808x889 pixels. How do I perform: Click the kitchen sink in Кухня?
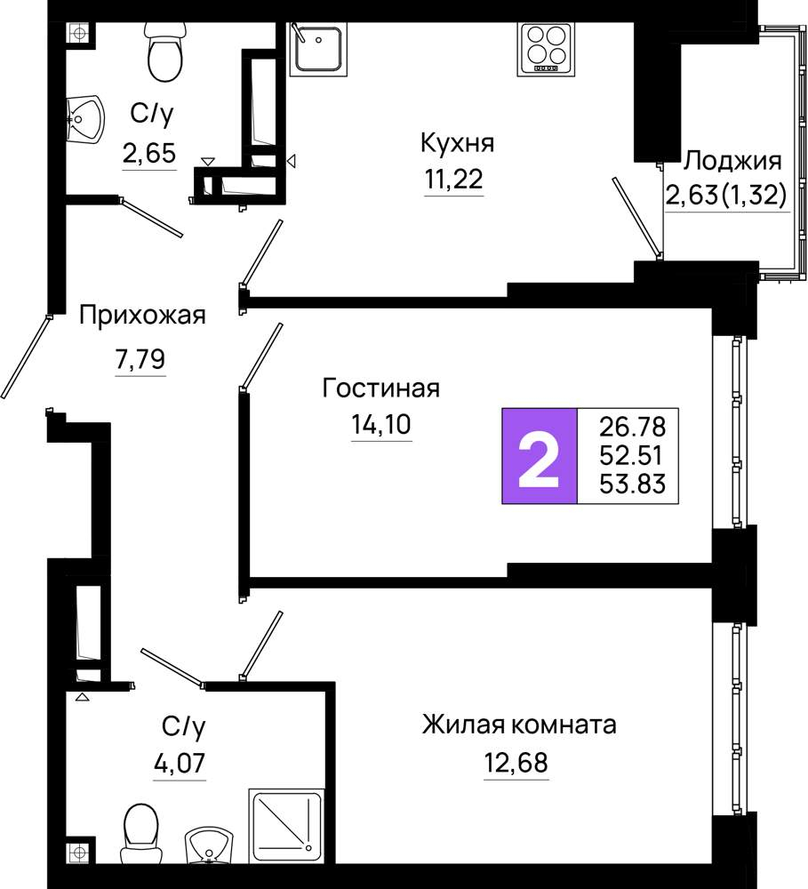click(317, 48)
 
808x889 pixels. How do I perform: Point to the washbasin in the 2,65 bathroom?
click(85, 120)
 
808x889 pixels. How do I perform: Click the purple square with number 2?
click(540, 455)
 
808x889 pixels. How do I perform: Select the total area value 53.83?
click(632, 485)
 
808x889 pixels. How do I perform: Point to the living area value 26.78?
click(632, 427)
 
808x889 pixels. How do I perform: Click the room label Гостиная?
click(381, 388)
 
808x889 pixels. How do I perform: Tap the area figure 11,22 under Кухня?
click(454, 180)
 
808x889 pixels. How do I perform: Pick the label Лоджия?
click(732, 162)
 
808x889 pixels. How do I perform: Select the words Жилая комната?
click(519, 725)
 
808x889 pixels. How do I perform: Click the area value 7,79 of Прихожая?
click(140, 359)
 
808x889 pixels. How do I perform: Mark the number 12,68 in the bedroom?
click(516, 763)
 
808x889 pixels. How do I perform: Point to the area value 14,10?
click(381, 424)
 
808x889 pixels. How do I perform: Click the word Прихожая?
click(142, 316)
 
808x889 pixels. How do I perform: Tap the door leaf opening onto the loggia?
click(636, 216)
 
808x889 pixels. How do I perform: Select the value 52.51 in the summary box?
click(632, 455)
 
